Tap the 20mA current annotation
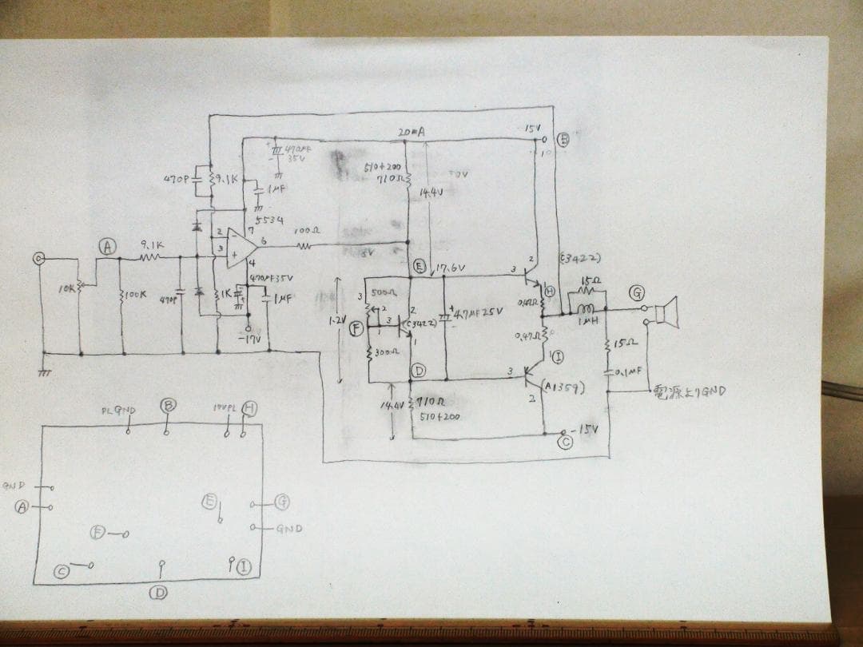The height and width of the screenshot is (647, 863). [409, 131]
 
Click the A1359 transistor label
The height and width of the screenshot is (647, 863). [565, 388]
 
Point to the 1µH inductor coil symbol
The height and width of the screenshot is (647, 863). [586, 309]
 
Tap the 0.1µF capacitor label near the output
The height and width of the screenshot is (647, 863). [629, 371]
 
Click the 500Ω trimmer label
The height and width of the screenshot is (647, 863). [382, 293]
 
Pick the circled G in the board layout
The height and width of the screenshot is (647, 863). [281, 502]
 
